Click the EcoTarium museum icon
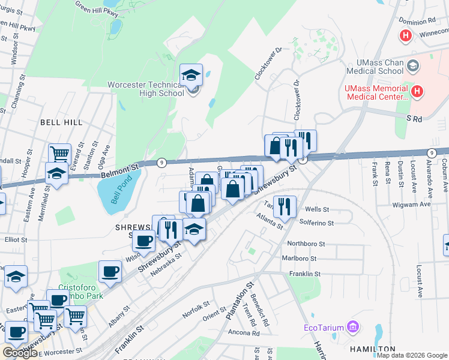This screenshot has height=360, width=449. pos(353,328)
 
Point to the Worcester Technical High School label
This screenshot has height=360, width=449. pos(146,89)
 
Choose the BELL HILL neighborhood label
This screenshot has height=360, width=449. pos(61,122)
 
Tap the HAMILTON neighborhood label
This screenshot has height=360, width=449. pos(372,349)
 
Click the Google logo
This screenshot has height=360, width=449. pos(20,352)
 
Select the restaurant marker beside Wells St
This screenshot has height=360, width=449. pos(285,205)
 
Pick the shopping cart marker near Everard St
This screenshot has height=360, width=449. pos(59,154)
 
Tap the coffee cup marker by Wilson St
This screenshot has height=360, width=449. pos(143,241)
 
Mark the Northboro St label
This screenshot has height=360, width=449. pos(306,244)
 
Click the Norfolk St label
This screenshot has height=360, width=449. pos(196,309)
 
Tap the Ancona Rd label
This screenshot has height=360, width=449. pos(243,333)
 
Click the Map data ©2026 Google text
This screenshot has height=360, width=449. pos(412,355)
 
